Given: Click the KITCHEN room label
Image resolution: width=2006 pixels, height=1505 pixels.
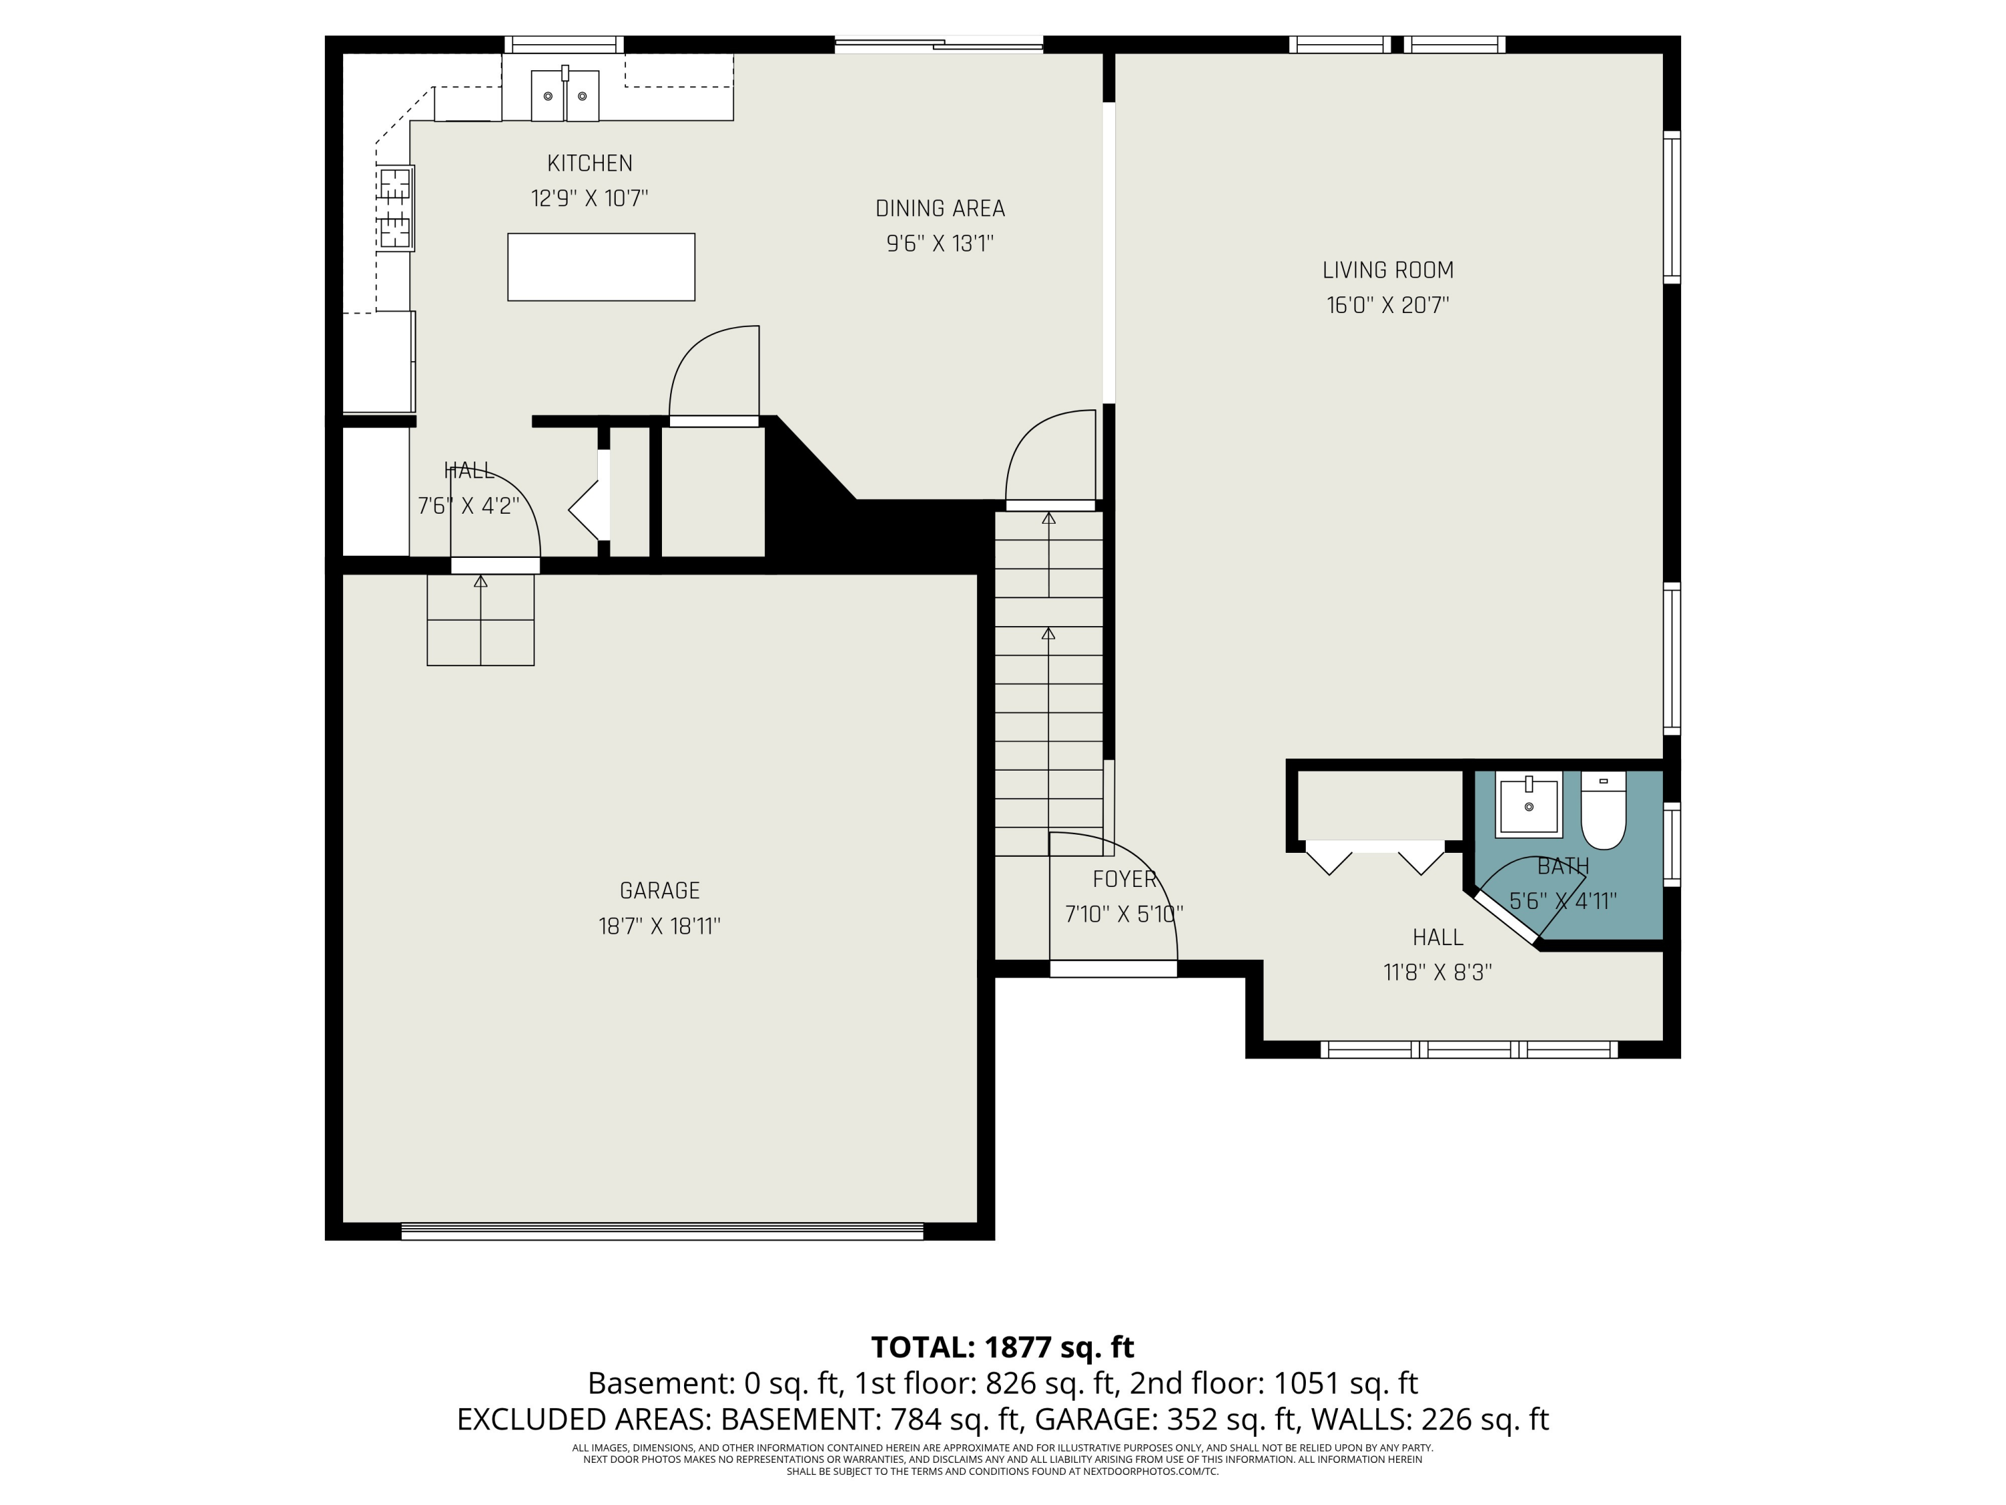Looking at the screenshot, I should (x=590, y=163).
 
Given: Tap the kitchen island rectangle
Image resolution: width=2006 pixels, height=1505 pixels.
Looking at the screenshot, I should (x=600, y=267).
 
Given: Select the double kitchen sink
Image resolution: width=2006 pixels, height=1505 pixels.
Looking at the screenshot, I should (x=565, y=95).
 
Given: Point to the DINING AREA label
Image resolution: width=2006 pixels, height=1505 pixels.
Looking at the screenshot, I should (x=939, y=209).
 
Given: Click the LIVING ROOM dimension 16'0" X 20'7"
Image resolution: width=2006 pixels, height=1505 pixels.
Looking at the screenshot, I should (x=1387, y=306).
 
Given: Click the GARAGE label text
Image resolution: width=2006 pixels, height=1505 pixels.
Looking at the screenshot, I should (x=659, y=891).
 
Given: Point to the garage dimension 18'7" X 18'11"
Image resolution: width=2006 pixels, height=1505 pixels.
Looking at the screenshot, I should (x=659, y=926).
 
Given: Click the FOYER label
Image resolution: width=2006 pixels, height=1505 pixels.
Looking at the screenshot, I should (x=1123, y=879).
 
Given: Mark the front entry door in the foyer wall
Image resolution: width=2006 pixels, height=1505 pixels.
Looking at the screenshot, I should (x=1113, y=969).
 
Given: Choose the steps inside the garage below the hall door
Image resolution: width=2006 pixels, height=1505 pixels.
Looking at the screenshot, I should (x=481, y=621).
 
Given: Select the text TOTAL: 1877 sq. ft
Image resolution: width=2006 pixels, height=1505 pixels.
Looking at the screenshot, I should (x=1002, y=1347).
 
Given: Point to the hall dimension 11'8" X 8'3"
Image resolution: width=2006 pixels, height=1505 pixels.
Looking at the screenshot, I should (x=1438, y=973).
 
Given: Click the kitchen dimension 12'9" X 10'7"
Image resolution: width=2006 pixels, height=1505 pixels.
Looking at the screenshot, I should (x=590, y=199).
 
